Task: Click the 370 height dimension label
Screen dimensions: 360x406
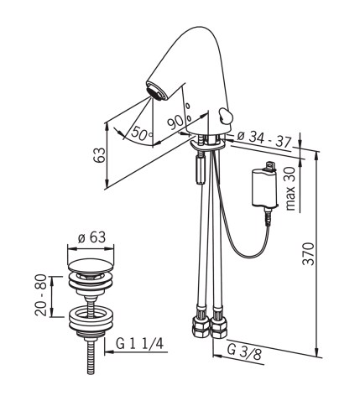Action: pyautogui.click(x=309, y=253)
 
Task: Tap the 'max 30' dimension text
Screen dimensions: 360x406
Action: pyautogui.click(x=291, y=189)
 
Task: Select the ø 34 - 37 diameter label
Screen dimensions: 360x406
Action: pyautogui.click(x=264, y=139)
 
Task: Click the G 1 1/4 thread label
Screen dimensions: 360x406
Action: pyautogui.click(x=139, y=344)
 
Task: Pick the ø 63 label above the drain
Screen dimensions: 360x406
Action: pyautogui.click(x=91, y=237)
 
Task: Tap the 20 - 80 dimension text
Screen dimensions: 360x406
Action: pyautogui.click(x=41, y=295)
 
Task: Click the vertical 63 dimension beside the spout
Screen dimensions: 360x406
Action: pyautogui.click(x=99, y=155)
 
